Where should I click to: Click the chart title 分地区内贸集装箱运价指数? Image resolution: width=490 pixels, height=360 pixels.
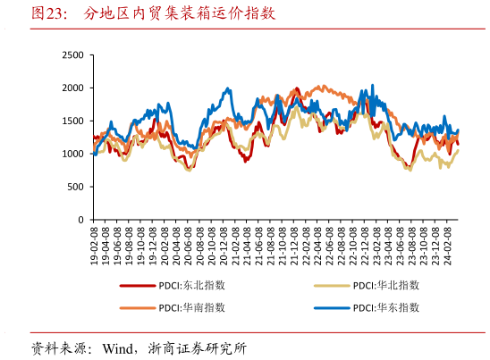[x=180, y=13]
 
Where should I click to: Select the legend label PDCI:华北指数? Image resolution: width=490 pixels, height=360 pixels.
[x=386, y=286]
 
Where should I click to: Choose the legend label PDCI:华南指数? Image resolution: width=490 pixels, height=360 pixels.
[x=191, y=307]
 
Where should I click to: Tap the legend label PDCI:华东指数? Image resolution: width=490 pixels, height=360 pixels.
[x=386, y=307]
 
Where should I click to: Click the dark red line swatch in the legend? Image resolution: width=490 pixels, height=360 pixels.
[x=138, y=286]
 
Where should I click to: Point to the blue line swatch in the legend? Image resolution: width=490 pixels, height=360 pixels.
[x=332, y=307]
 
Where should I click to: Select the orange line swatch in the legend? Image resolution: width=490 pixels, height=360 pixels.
[x=138, y=307]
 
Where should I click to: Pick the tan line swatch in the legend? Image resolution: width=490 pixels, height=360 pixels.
[x=332, y=286]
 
